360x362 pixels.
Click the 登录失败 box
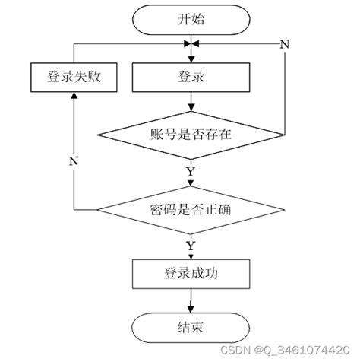[73, 78]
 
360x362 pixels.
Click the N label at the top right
[285, 43]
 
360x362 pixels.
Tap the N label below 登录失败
[73, 160]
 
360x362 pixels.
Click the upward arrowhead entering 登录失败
[73, 97]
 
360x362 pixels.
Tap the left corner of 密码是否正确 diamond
[96, 209]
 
